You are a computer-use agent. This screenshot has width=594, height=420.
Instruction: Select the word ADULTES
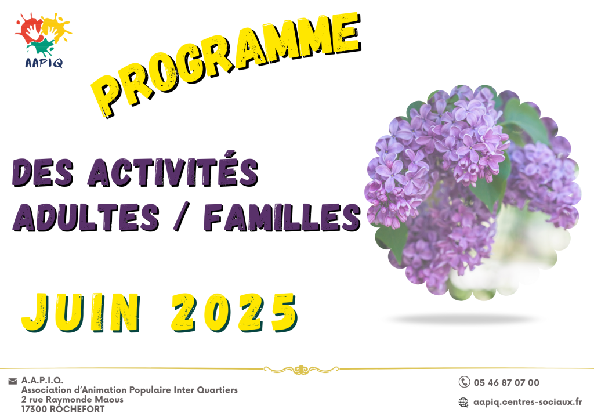tap(86, 217)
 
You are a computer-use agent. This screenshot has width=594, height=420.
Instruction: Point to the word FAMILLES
tap(282, 217)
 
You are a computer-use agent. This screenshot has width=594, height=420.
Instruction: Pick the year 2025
tap(234, 313)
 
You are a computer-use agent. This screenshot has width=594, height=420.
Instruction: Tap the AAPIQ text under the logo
tap(44, 63)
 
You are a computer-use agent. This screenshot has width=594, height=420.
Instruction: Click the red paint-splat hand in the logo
tap(30, 28)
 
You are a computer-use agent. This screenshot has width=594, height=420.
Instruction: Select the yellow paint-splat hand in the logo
tap(56, 27)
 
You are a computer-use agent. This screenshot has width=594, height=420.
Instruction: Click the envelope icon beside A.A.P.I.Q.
tap(13, 381)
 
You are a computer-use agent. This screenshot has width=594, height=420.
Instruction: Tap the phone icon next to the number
tap(464, 382)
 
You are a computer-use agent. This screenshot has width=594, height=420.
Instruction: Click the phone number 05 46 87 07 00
tap(506, 382)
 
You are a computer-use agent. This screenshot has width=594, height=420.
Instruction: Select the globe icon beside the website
tap(463, 402)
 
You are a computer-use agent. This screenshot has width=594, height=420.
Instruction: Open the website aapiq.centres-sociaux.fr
tap(528, 402)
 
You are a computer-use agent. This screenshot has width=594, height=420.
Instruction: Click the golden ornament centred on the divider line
tap(301, 370)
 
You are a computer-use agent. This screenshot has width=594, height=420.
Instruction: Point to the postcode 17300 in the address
tap(34, 410)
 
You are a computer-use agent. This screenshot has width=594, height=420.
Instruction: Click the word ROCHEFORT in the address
tap(77, 409)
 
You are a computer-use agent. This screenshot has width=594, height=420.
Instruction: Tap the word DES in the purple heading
tap(43, 172)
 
